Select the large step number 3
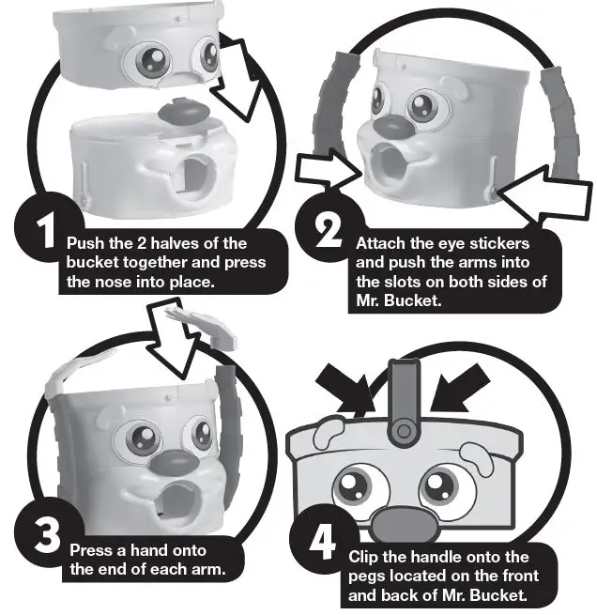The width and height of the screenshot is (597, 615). [x=47, y=537]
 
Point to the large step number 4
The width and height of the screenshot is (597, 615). [x=322, y=542]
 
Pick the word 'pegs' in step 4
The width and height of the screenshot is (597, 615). [x=366, y=577]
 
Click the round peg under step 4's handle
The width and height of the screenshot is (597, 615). [x=404, y=431]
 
